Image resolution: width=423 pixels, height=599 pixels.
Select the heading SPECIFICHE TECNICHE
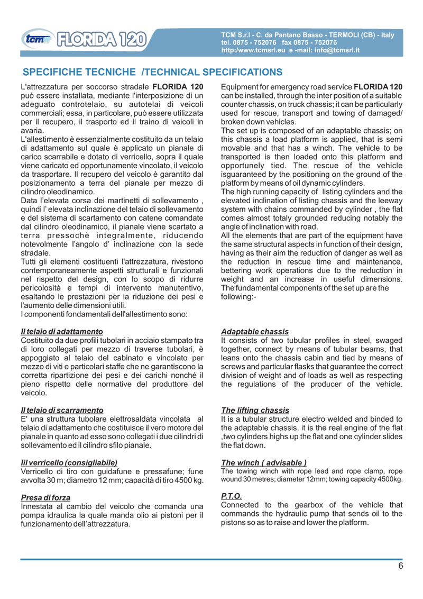click(x=80, y=72)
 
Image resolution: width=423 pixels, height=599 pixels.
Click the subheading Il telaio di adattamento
click(x=61, y=331)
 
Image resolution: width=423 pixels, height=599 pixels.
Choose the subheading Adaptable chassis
click(x=255, y=331)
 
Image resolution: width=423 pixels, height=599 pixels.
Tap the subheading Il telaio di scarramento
click(x=61, y=410)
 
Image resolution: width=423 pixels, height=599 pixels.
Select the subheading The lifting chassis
click(x=255, y=410)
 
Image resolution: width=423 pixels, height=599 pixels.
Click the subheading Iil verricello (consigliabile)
click(x=69, y=462)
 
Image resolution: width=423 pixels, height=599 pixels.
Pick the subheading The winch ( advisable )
click(x=264, y=462)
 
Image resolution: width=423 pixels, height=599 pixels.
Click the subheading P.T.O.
click(x=231, y=496)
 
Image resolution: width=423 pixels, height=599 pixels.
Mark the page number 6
click(x=401, y=566)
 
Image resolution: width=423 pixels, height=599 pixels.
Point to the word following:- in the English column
click(x=237, y=297)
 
